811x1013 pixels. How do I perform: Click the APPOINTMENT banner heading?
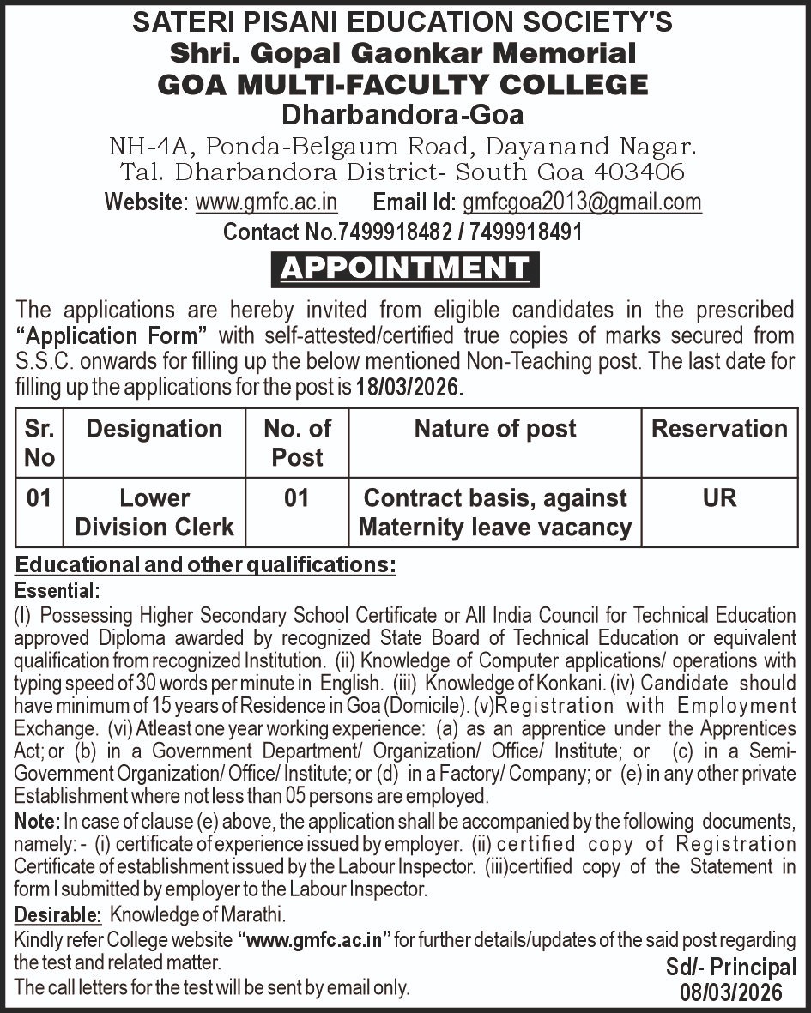[x=405, y=268]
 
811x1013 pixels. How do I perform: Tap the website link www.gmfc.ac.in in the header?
[x=266, y=202]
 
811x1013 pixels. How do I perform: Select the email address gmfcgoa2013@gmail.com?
[x=582, y=202]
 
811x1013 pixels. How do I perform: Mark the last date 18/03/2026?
[x=409, y=387]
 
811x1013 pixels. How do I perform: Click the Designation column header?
[x=154, y=429]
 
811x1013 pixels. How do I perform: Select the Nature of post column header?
[x=495, y=429]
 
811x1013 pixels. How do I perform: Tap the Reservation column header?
[x=719, y=429]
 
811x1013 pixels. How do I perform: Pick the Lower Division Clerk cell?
[x=154, y=512]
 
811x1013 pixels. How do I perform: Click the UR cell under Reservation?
[x=719, y=498]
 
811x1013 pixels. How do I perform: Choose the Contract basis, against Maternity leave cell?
[x=495, y=512]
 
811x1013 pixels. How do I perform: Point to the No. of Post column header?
[x=297, y=443]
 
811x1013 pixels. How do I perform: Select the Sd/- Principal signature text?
[x=731, y=968]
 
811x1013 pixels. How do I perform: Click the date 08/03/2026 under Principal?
[x=731, y=992]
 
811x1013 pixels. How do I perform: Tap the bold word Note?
[x=37, y=821]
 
